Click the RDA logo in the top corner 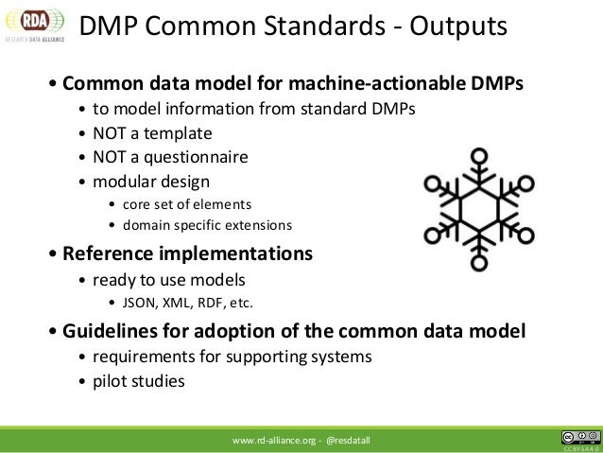coord(33,26)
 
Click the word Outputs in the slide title coord(450,27)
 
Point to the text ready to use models coord(167,280)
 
